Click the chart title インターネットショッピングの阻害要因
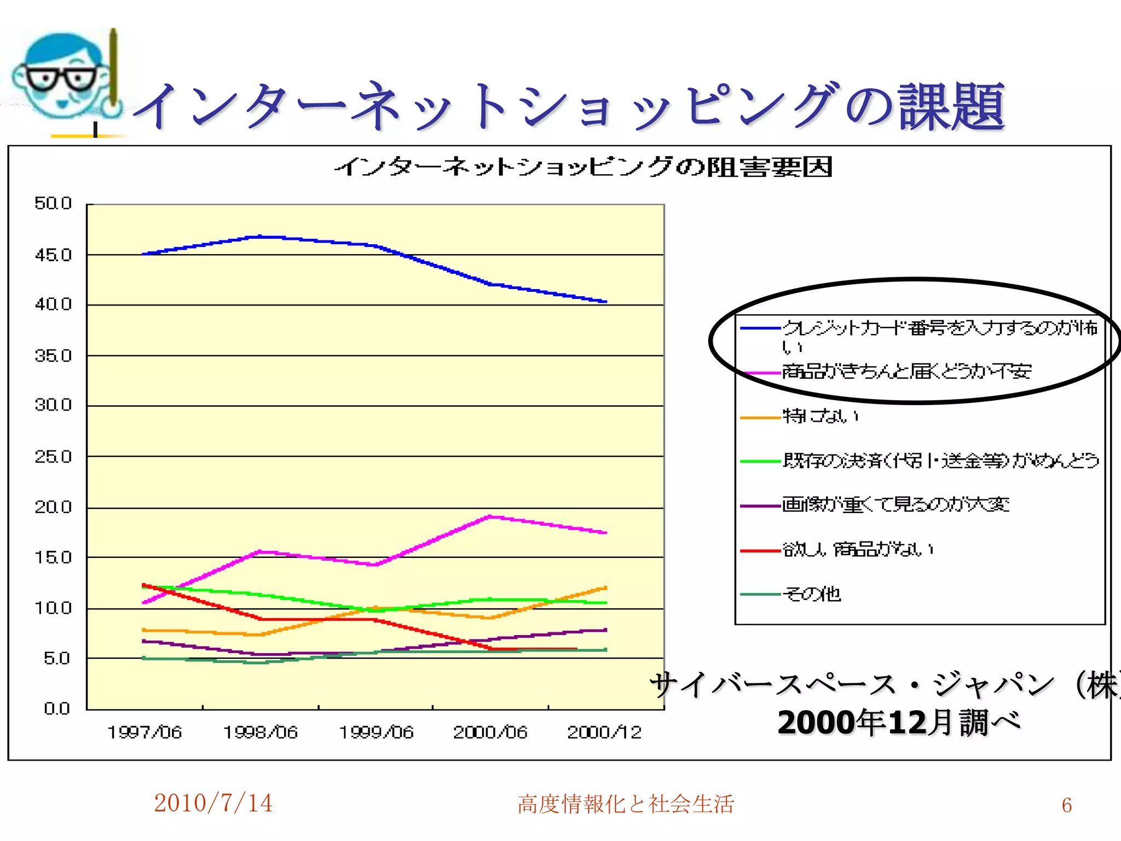pyautogui.click(x=583, y=167)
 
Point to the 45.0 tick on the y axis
pyautogui.click(x=53, y=255)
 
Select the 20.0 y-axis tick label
pyautogui.click(x=53, y=508)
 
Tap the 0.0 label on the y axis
pyautogui.click(x=57, y=708)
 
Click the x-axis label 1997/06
pyautogui.click(x=145, y=733)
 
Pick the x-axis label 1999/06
pyautogui.click(x=376, y=733)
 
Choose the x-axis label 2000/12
pyautogui.click(x=604, y=733)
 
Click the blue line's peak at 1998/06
pyautogui.click(x=261, y=237)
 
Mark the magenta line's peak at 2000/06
pyautogui.click(x=490, y=516)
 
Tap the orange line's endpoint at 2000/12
pyautogui.click(x=605, y=588)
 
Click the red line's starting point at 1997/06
pyautogui.click(x=143, y=585)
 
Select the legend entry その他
pyautogui.click(x=812, y=594)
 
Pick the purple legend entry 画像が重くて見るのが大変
pyautogui.click(x=895, y=505)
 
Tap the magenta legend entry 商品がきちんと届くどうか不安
pyautogui.click(x=906, y=372)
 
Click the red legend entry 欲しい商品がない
pyautogui.click(x=858, y=549)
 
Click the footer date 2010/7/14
pyautogui.click(x=213, y=803)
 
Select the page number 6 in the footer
pyautogui.click(x=1066, y=805)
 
